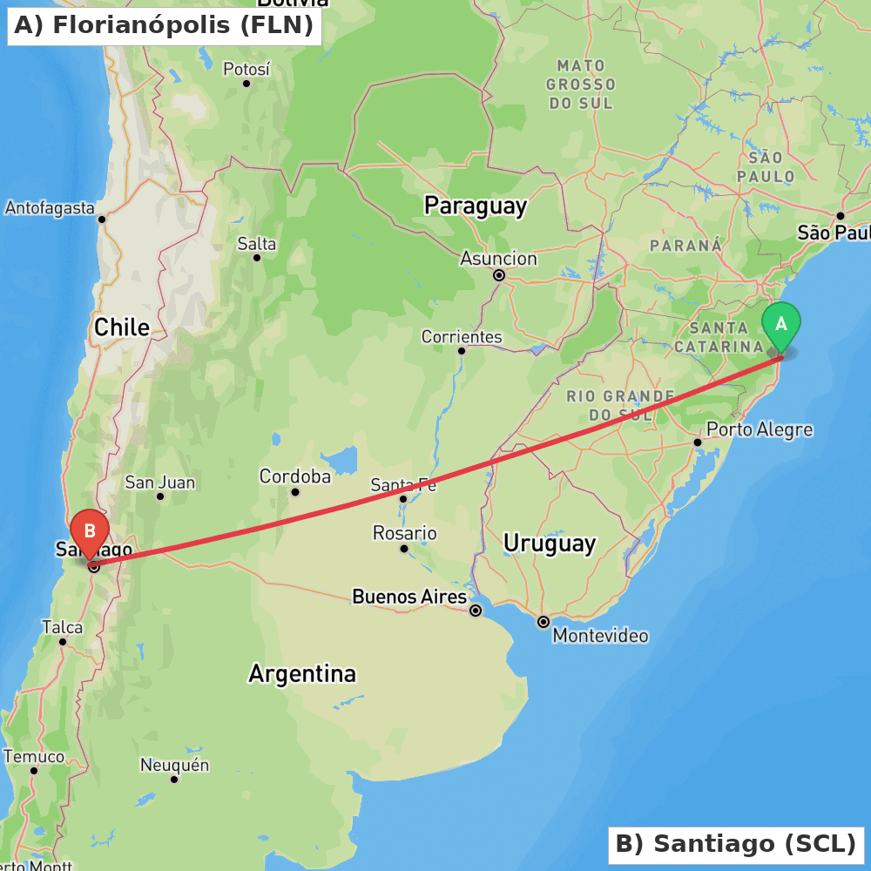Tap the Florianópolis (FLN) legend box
point(164,25)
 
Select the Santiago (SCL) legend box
point(736,844)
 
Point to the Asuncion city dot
point(499,275)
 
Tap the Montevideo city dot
point(544,622)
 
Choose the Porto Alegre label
point(759,429)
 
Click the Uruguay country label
point(550,544)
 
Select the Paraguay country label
point(476,206)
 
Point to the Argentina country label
point(302,673)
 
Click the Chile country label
point(122,327)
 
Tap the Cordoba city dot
point(295,492)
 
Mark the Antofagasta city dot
point(102,219)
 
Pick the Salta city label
point(257,244)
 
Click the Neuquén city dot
point(174,779)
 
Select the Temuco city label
point(34,756)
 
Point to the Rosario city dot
point(404,549)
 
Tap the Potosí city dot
point(246,84)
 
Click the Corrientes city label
point(462,336)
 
